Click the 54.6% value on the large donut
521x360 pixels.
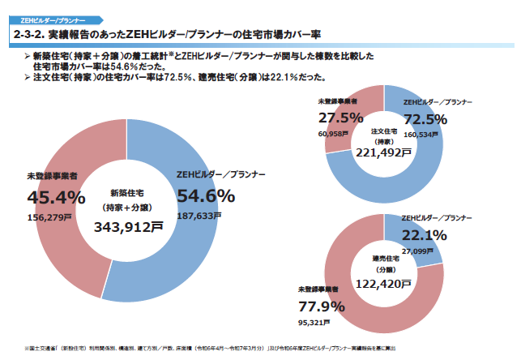coord(206,195)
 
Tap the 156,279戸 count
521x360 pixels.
coord(47,216)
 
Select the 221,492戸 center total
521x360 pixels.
coord(383,151)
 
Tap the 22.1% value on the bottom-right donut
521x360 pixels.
coord(425,235)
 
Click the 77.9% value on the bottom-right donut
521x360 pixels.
coord(321,306)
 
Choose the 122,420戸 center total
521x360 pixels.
coord(384,285)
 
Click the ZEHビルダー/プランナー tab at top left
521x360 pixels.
coord(48,15)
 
